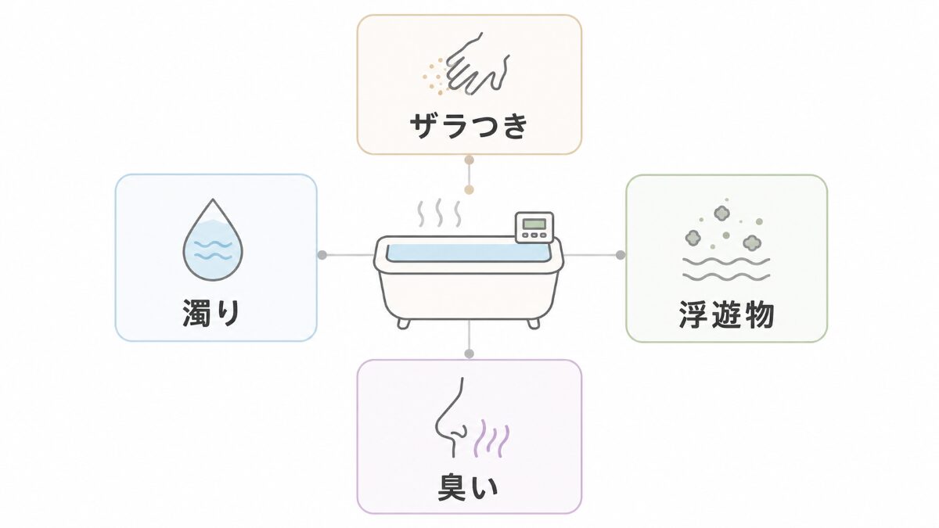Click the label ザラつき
point(469,126)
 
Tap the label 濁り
point(211,313)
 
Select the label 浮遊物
point(726,314)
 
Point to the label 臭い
point(468,488)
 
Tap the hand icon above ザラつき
point(478,63)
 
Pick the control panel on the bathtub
point(534,228)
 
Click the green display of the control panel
point(534,224)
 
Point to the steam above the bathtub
point(439,213)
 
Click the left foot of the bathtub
point(403,324)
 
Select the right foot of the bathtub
point(533,324)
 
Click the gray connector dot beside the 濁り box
point(322,255)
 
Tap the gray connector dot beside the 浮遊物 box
point(621,255)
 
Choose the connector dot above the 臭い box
point(469,354)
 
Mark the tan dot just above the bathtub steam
point(469,190)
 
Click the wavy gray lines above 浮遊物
point(726,269)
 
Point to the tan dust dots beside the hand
point(434,75)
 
